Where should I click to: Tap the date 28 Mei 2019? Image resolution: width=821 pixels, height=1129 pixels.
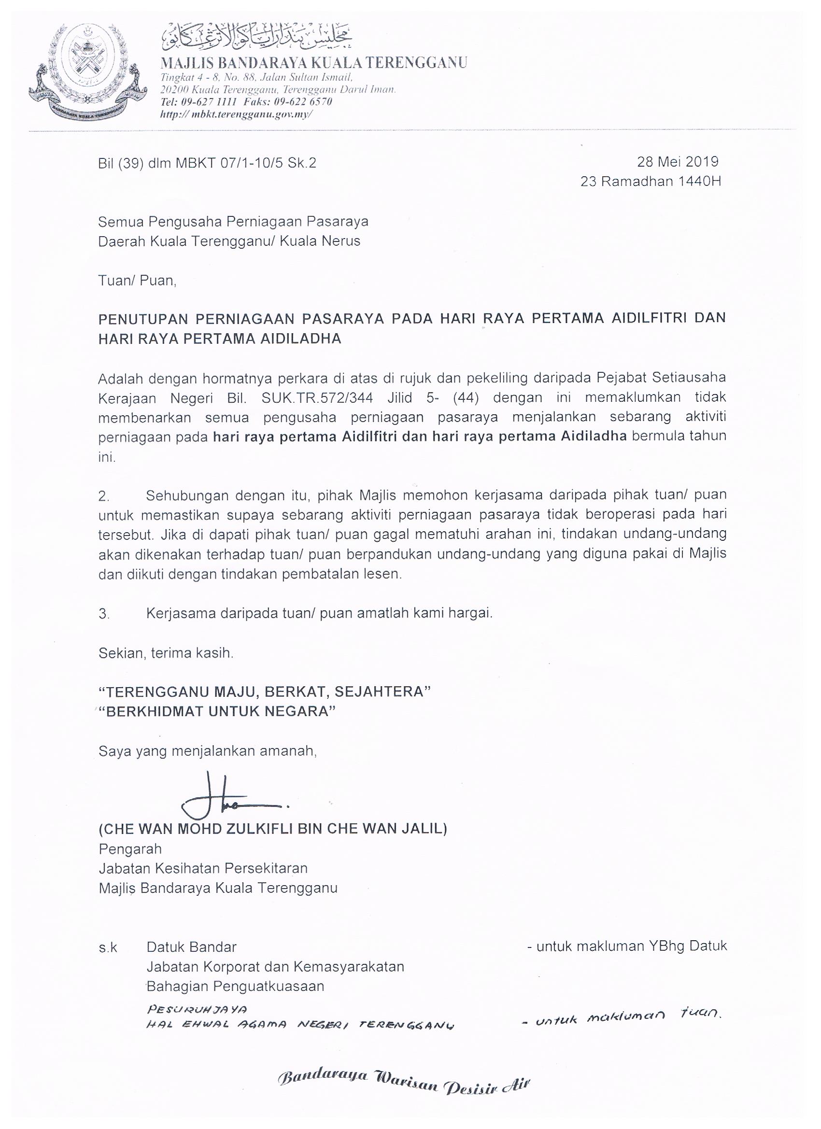click(x=678, y=162)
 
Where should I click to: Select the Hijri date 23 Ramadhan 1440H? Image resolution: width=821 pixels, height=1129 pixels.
click(x=650, y=181)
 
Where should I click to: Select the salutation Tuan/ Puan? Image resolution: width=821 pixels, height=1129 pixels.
click(x=138, y=281)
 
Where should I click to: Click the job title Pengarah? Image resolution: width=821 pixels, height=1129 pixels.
click(x=130, y=849)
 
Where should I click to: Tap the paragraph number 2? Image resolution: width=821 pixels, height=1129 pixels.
click(x=103, y=496)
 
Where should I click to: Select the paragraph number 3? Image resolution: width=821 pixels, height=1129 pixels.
click(x=103, y=614)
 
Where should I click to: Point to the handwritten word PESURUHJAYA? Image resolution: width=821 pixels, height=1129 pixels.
click(x=197, y=1010)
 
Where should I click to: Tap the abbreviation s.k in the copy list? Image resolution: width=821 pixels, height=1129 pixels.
click(x=108, y=947)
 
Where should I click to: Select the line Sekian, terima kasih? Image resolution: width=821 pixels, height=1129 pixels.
click(x=166, y=653)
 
